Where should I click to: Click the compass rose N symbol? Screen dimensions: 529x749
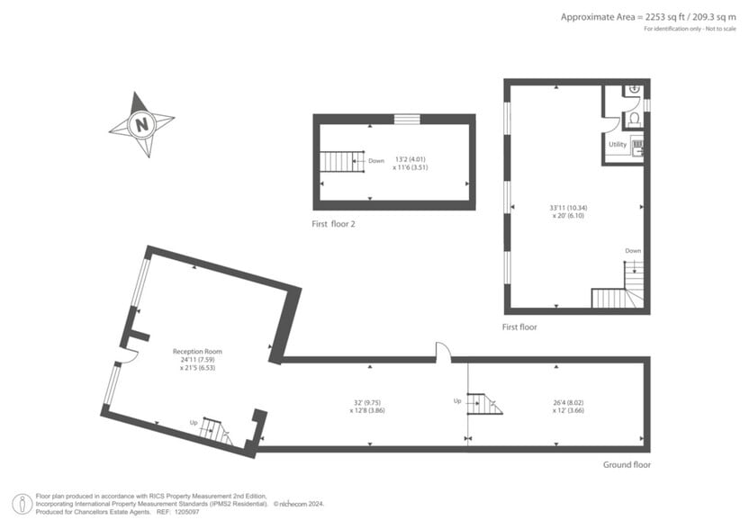coord(140,125)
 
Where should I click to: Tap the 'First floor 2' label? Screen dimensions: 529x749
coord(334,223)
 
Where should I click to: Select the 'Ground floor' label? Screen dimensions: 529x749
coord(627,464)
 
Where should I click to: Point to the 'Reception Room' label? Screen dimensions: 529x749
coord(197,351)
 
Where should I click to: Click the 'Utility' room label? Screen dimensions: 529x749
coord(618,144)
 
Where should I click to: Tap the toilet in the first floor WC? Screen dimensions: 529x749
coord(634,118)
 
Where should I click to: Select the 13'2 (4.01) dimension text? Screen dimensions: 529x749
coord(408,160)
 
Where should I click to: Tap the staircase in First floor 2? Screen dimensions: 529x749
coord(341,161)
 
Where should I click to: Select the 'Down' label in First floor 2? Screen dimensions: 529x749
coord(376,161)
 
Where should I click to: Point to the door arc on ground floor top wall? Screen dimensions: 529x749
coord(442,352)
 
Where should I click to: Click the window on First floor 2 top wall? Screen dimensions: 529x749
coord(407,118)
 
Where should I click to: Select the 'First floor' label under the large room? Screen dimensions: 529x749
coord(519,327)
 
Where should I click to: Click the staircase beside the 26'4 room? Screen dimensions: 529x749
coord(483,404)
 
